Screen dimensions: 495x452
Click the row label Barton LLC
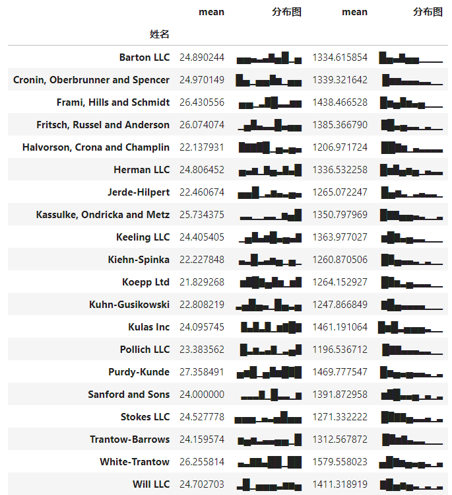[x=144, y=57]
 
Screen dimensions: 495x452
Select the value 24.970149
[x=201, y=80]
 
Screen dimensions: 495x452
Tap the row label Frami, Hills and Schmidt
[x=113, y=102]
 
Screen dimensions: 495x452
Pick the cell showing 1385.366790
[x=340, y=125]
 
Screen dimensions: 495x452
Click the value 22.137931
[x=201, y=147]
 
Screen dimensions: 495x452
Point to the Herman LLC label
[x=141, y=170]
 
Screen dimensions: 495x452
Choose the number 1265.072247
[x=340, y=192]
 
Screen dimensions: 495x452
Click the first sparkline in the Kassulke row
[x=270, y=215]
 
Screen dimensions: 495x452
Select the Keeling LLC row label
[x=143, y=237]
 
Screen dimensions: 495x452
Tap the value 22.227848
[x=201, y=260]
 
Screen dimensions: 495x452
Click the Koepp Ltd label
[x=145, y=282]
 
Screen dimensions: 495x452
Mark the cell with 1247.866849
[x=340, y=305]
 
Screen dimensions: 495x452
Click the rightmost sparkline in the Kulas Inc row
[x=410, y=327]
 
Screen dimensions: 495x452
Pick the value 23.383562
[x=201, y=350]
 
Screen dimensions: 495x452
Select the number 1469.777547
[x=340, y=372]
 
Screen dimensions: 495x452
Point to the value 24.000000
[x=201, y=395]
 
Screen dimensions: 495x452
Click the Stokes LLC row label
[x=145, y=417]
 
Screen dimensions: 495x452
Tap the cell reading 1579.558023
[x=340, y=462]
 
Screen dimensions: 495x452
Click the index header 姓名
[x=159, y=34]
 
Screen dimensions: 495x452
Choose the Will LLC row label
[x=150, y=484]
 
